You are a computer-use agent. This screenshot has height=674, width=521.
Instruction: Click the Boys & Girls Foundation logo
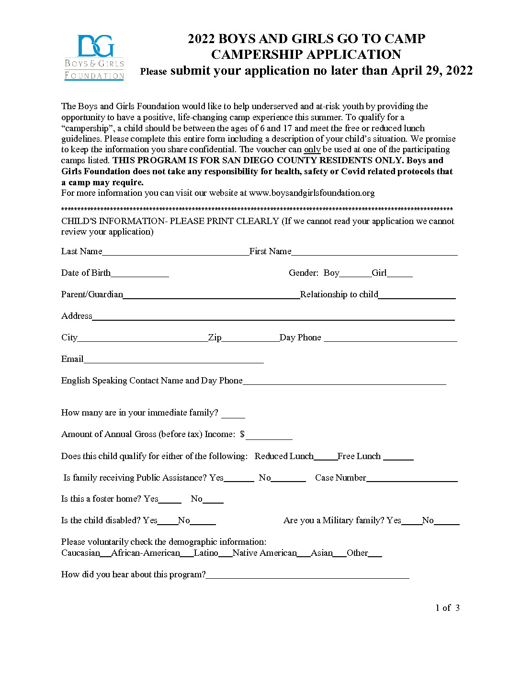click(x=94, y=57)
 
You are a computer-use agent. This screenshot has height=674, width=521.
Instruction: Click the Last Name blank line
click(x=175, y=252)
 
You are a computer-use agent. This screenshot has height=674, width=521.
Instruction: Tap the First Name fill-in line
click(x=374, y=252)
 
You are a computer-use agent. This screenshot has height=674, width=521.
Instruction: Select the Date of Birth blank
click(x=139, y=274)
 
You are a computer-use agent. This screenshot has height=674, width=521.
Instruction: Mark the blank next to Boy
click(x=355, y=274)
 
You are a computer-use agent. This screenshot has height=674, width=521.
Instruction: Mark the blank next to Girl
click(x=399, y=274)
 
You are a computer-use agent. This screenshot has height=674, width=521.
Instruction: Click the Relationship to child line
click(x=417, y=295)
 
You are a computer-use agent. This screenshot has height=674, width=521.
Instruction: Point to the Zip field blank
click(x=250, y=338)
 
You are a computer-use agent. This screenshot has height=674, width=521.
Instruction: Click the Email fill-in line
click(x=173, y=360)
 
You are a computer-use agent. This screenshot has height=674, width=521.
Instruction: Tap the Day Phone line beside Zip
click(x=390, y=338)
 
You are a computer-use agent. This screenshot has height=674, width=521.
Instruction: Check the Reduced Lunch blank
click(x=325, y=457)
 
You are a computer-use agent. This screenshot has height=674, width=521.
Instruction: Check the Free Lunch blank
click(x=398, y=457)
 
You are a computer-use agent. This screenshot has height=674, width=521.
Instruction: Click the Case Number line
click(x=412, y=479)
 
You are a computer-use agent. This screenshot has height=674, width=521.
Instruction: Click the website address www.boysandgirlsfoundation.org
click(x=312, y=193)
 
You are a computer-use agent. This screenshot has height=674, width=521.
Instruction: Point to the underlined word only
click(x=312, y=149)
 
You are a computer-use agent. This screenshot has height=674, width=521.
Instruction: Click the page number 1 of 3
click(x=447, y=608)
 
